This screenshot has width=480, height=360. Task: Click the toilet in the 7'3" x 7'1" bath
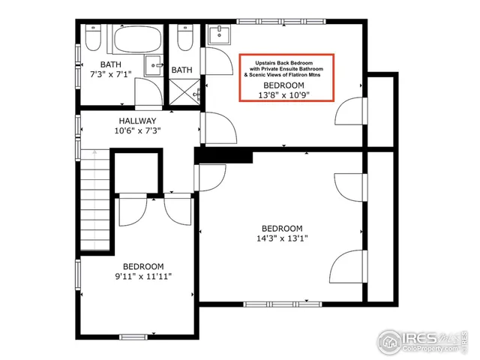coord(93,37)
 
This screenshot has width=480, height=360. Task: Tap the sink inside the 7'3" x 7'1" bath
coord(155,65)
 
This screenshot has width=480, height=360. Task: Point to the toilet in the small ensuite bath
coord(184,37)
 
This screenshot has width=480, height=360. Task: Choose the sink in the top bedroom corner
coord(220,34)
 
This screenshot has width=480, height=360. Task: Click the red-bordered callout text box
coord(285,77)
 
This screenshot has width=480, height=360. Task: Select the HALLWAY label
coord(137,120)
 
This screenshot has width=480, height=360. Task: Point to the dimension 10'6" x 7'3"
coord(137,130)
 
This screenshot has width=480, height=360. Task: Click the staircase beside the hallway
coord(95,202)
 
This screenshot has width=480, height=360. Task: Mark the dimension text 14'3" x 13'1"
coord(281,239)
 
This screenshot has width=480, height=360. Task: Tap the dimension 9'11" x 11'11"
coord(143,277)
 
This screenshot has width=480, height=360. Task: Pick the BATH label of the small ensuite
coord(181,70)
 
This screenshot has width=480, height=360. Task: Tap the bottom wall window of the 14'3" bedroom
coord(271,303)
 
